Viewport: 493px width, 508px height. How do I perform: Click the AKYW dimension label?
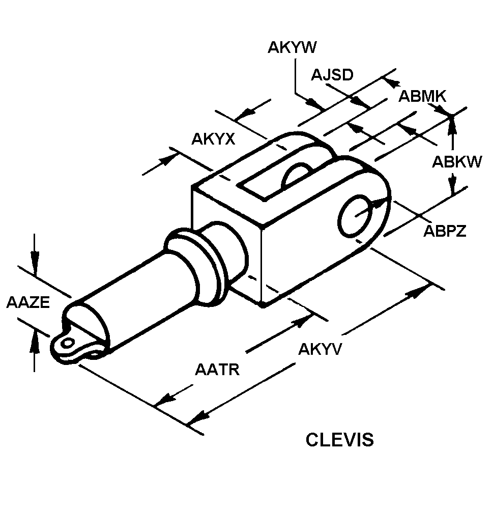(x=292, y=47)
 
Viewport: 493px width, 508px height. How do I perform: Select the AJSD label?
(x=332, y=75)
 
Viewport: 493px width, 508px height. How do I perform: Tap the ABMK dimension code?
(x=422, y=96)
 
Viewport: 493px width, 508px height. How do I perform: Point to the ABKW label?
(x=457, y=162)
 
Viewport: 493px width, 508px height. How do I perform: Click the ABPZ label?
(x=445, y=231)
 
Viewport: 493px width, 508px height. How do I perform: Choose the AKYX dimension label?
(x=213, y=139)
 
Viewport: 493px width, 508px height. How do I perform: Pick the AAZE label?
(x=28, y=302)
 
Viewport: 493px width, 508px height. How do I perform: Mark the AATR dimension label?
(x=217, y=370)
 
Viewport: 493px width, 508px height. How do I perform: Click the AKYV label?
(x=320, y=349)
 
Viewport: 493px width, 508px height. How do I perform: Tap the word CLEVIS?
(x=340, y=440)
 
